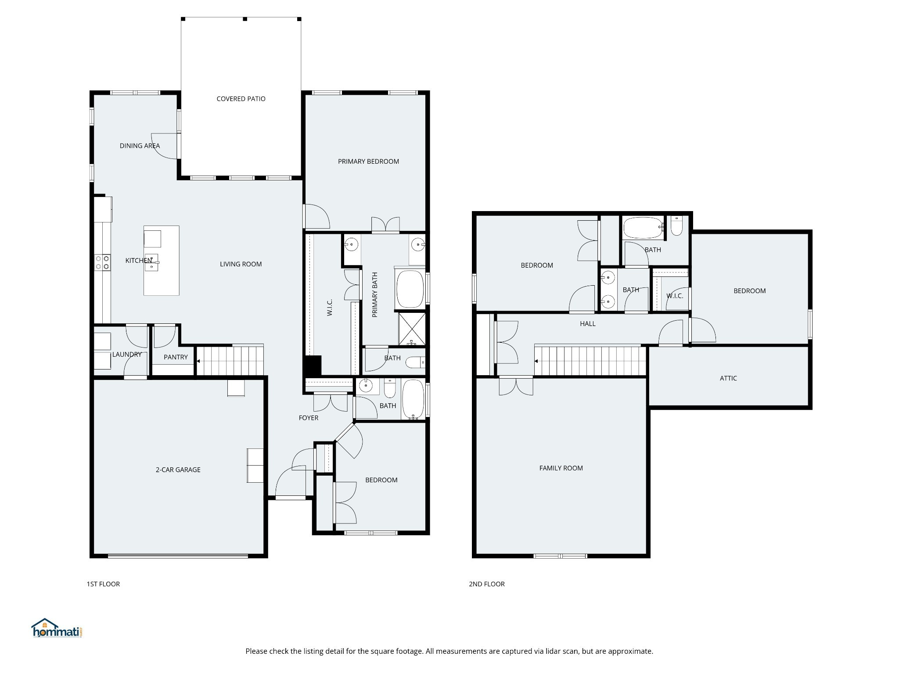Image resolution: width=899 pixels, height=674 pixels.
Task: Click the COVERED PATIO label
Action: pos(241,99)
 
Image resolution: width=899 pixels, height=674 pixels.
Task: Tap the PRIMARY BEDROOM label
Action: pos(368,161)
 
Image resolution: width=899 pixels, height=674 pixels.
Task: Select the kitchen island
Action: pos(162,260)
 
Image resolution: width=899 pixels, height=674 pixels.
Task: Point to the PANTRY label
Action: pos(176,357)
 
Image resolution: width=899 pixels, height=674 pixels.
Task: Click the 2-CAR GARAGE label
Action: pos(178,470)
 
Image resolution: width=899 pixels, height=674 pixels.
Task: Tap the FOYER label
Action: pos(309,418)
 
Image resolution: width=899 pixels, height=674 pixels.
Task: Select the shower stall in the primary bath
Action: pos(412,328)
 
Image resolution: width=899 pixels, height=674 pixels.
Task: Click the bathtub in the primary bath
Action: pos(410,289)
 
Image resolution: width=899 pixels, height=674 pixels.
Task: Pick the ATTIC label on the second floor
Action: pos(728,378)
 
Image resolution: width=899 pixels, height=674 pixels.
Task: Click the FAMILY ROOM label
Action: pos(561,468)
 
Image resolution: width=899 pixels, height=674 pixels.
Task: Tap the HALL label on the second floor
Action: pos(588,324)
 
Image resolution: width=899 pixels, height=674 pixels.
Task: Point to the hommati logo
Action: pos(57,628)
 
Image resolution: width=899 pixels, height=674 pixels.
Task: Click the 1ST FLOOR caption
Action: pos(103,584)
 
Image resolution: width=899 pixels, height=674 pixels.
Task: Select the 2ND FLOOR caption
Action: pos(487,584)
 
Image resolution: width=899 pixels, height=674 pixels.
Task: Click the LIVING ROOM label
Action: pos(241,264)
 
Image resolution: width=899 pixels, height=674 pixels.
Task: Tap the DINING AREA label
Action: pos(140,146)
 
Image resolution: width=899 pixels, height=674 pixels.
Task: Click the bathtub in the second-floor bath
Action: pos(644,227)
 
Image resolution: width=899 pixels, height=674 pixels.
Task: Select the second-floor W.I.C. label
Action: pos(675,296)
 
